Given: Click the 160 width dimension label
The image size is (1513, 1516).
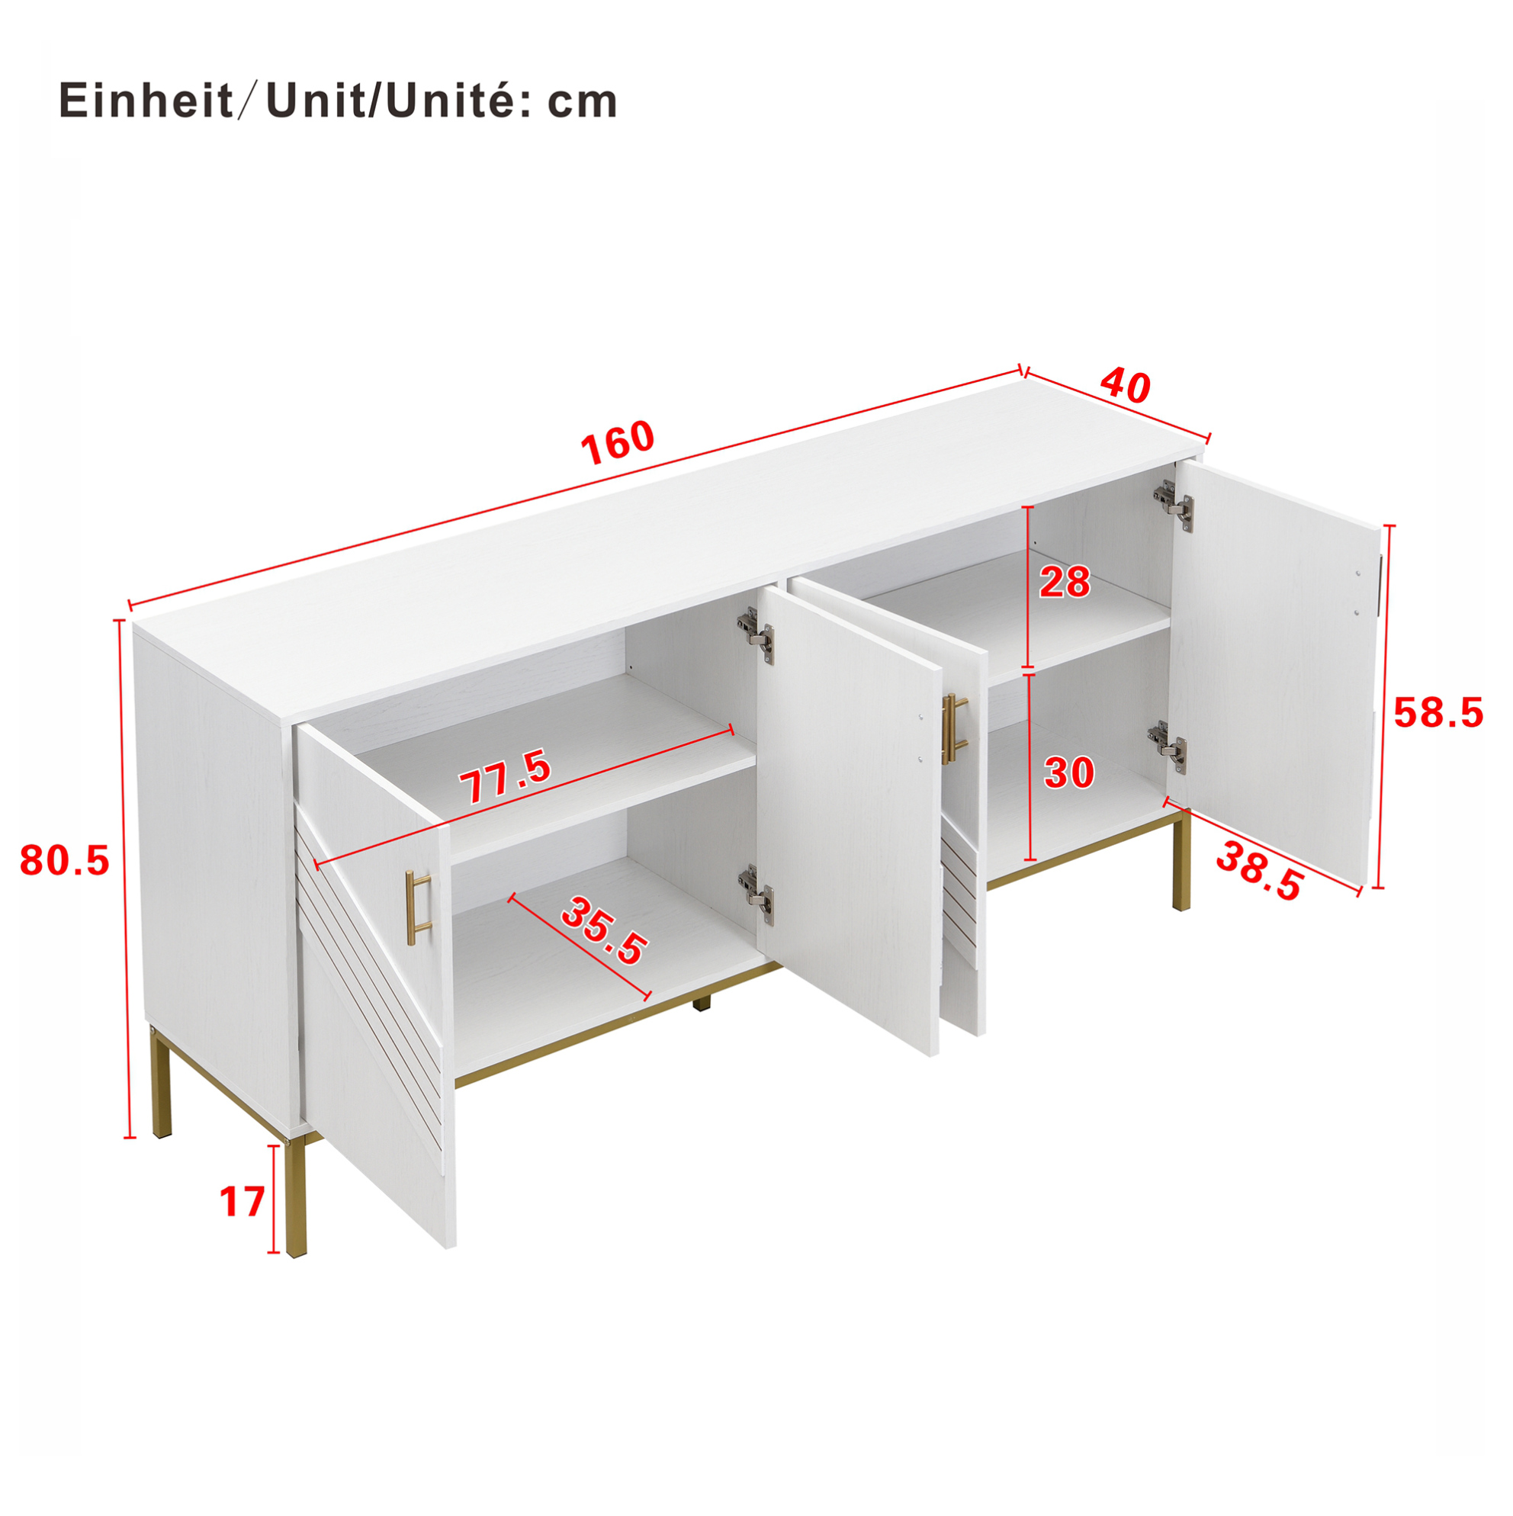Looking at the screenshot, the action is point(617,442).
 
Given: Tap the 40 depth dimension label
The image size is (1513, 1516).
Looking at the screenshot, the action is point(1125,385).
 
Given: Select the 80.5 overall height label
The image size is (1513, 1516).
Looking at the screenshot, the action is point(64,861).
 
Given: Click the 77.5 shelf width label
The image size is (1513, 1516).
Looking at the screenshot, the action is point(505,777).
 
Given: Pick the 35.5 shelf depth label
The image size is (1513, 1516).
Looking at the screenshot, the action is point(604,931).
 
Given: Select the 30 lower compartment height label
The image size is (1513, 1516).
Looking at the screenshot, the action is point(1069,773).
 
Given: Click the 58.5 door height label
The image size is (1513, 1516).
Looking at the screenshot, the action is point(1438,713).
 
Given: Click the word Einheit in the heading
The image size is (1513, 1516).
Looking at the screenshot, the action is point(146,101).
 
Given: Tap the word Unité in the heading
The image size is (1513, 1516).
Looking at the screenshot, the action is point(447,101).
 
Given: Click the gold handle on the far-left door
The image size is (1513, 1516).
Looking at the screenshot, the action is point(418,904).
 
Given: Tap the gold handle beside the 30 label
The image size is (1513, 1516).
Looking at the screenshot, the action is point(954,728).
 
